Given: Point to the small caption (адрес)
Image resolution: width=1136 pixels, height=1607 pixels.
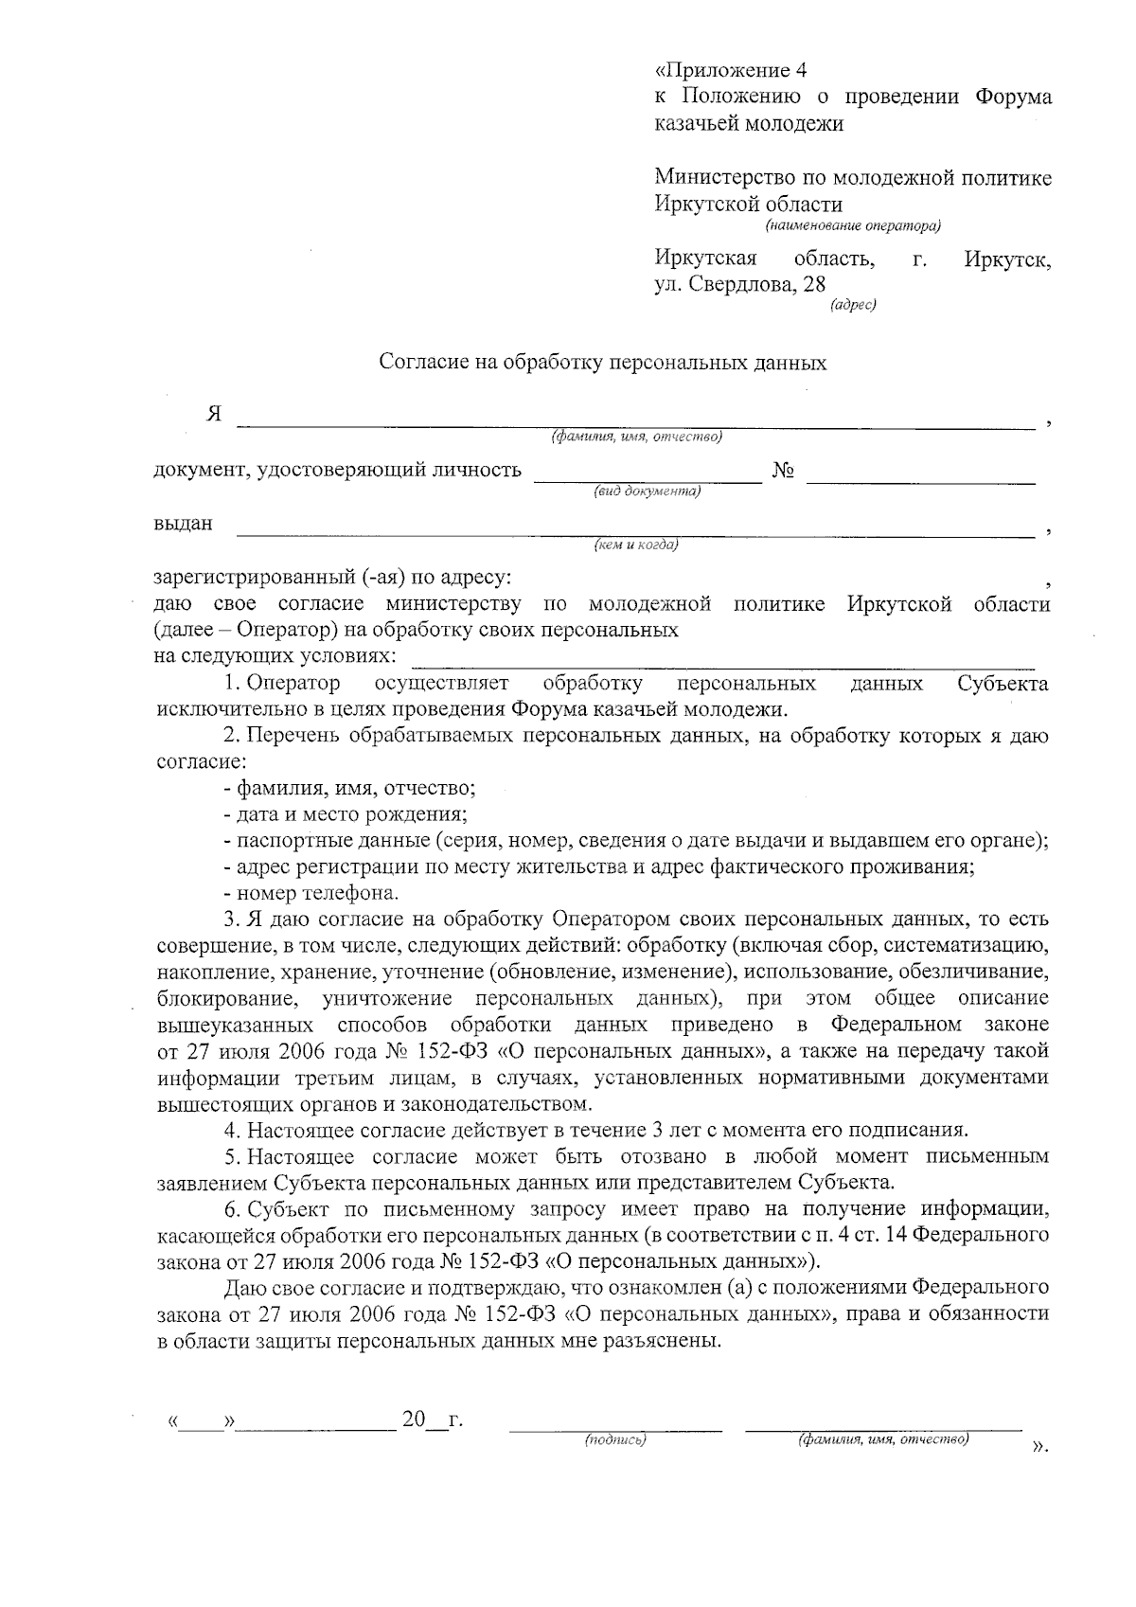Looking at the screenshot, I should [x=853, y=305].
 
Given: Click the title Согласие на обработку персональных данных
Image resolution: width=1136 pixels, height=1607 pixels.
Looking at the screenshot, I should [x=603, y=363].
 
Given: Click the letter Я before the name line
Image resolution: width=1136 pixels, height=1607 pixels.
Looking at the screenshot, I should [x=215, y=414].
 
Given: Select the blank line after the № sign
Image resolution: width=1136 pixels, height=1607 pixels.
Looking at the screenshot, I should [x=920, y=483].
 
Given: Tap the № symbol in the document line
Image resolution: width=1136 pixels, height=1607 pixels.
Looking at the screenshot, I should [x=783, y=471].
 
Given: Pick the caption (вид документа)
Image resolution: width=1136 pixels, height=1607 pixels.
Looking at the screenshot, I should [x=648, y=491].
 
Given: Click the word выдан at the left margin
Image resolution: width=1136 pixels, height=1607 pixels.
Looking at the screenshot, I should [x=184, y=523].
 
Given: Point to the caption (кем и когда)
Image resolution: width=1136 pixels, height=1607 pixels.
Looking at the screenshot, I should [x=635, y=545].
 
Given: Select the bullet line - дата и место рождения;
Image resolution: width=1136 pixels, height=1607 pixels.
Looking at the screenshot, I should [x=346, y=813].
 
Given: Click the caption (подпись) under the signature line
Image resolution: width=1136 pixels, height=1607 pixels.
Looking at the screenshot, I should [x=615, y=1440].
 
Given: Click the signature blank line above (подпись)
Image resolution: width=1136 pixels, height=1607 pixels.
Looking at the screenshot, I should [x=615, y=1428].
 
